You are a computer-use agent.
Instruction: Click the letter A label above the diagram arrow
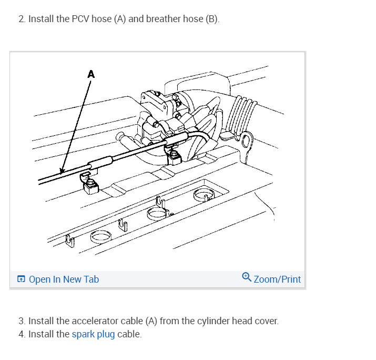[x=91, y=74]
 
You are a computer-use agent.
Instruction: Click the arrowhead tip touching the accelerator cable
[x=62, y=172]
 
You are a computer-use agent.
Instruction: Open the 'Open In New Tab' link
[x=64, y=279]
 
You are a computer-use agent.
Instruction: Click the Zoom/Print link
[x=277, y=279]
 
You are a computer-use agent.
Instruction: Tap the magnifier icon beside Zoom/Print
[x=247, y=277]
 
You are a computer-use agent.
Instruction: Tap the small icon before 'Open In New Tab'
[x=21, y=279]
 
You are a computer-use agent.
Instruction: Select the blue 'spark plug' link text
[x=93, y=334]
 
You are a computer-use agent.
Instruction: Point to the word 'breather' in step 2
[x=164, y=19]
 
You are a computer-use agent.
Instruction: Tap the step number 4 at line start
[x=21, y=334]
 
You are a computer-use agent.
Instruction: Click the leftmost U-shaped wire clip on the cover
[x=69, y=241]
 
